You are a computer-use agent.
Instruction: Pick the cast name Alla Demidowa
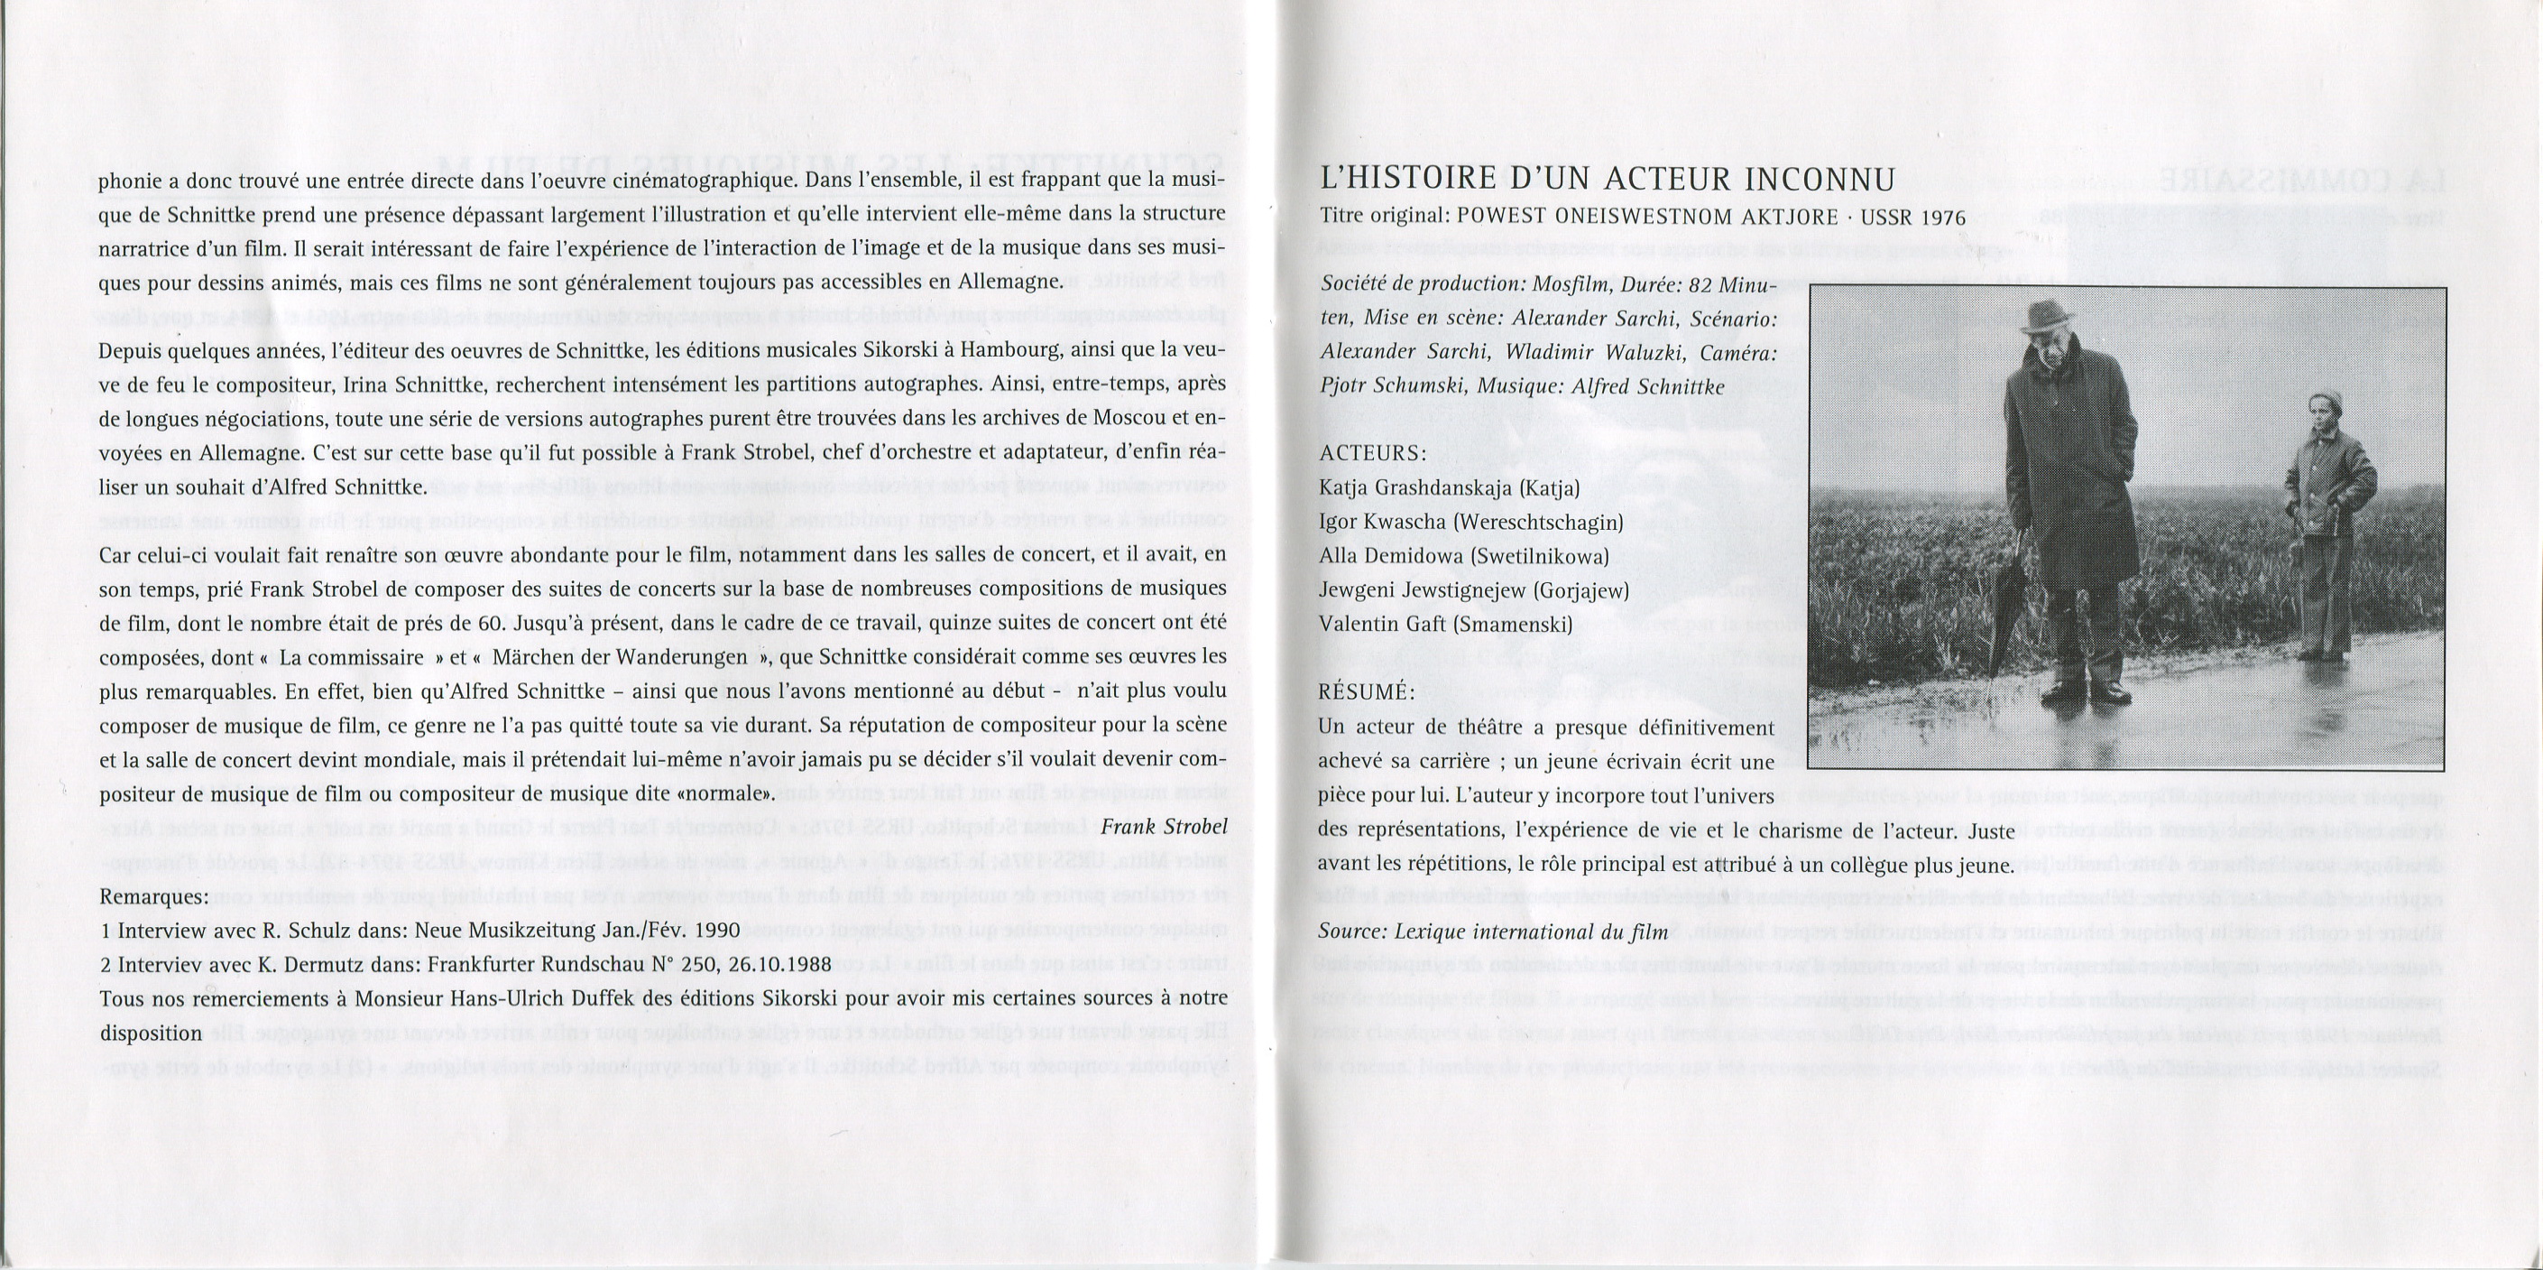pyautogui.click(x=1391, y=556)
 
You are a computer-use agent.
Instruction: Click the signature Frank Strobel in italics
pyautogui.click(x=1164, y=826)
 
